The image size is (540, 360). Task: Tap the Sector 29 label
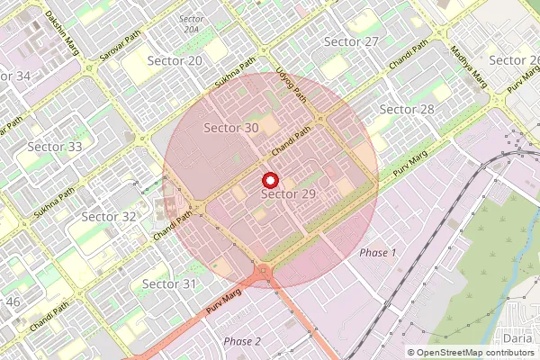pyautogui.click(x=288, y=194)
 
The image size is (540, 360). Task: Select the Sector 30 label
pyautogui.click(x=231, y=128)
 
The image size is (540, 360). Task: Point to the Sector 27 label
pyautogui.click(x=351, y=42)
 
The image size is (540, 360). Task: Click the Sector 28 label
pyautogui.click(x=407, y=109)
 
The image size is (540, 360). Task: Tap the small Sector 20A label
pyautogui.click(x=191, y=24)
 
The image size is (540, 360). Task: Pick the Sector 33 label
pyautogui.click(x=55, y=147)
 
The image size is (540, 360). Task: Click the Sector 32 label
pyautogui.click(x=109, y=216)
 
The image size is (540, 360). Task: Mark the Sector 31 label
pyautogui.click(x=168, y=284)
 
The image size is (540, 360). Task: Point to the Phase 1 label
pyautogui.click(x=378, y=253)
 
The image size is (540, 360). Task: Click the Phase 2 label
pyautogui.click(x=242, y=341)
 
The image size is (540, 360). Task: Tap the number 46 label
pyautogui.click(x=13, y=301)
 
